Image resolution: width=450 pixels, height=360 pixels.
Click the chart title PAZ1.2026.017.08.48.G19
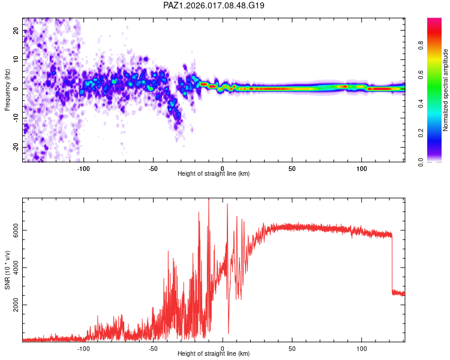(x=214, y=5)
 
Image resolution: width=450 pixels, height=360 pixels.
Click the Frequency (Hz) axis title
(x=8, y=90)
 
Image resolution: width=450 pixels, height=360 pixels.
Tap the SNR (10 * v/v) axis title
(x=8, y=270)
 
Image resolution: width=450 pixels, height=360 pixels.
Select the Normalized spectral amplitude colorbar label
(x=446, y=90)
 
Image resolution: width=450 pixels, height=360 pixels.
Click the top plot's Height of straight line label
(x=214, y=173)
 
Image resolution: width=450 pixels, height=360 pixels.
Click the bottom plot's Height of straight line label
(x=214, y=354)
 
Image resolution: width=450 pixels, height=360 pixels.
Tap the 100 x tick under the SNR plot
(x=362, y=348)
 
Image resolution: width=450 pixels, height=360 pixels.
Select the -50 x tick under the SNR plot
(x=153, y=348)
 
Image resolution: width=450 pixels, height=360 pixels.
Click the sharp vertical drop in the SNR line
(x=392, y=264)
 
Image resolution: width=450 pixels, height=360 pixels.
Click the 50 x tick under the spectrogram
(x=292, y=168)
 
